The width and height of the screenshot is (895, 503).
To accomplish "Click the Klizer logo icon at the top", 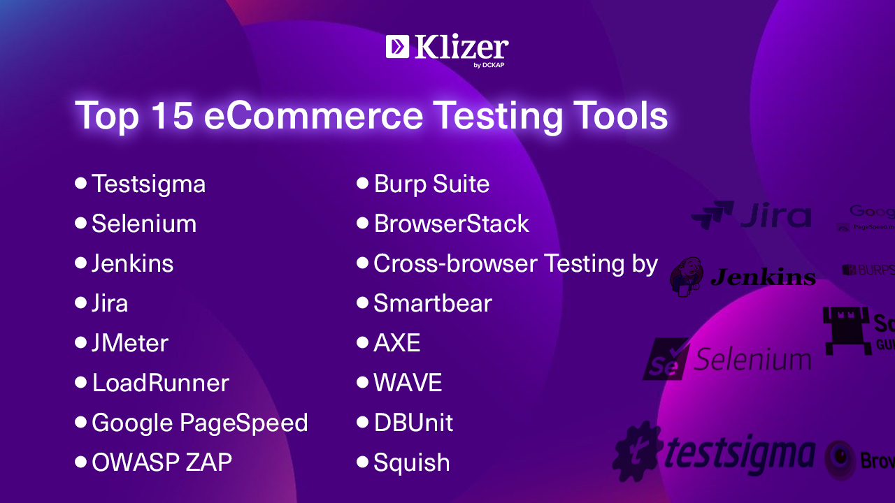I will [397, 46].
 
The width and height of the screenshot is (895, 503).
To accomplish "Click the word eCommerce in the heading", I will [313, 115].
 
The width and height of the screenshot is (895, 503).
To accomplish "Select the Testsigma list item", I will [148, 184].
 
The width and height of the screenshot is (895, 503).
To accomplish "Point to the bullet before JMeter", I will [80, 343].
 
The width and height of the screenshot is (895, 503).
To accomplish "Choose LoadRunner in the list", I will [160, 383].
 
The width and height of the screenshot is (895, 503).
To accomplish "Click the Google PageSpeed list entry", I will [199, 423].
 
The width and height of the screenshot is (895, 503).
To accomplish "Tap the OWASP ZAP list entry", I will [162, 462].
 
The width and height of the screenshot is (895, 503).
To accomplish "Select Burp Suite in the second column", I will [431, 184].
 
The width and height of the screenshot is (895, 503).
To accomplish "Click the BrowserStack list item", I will [451, 224].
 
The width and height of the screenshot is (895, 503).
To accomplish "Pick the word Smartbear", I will [433, 303].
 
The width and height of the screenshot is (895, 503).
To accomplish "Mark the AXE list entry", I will [396, 343].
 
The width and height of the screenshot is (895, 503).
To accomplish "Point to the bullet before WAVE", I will [362, 383].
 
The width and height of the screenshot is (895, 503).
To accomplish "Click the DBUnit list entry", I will [413, 423].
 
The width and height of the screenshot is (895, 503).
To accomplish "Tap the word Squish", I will [411, 462].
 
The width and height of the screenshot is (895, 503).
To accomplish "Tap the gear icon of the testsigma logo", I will [637, 451].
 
